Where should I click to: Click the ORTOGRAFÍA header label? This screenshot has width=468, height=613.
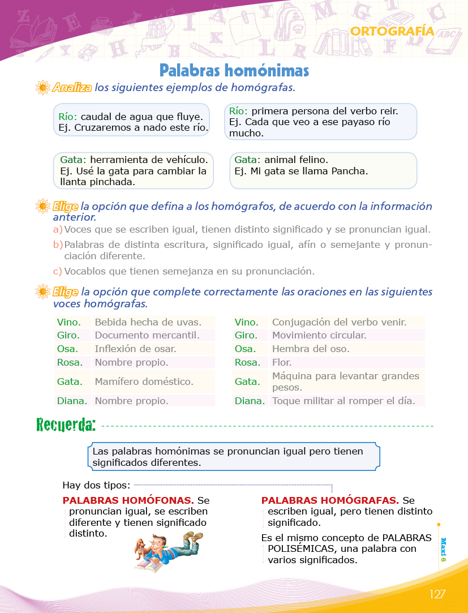(392, 31)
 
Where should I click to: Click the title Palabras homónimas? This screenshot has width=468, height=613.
(234, 70)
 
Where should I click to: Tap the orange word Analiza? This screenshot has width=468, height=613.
(72, 88)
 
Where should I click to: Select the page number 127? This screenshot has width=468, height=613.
(437, 594)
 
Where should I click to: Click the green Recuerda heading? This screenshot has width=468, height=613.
(66, 424)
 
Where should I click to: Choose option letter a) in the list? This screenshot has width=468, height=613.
(58, 229)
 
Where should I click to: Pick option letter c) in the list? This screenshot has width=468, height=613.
(58, 271)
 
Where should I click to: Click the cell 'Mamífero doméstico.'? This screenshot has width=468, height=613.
(144, 381)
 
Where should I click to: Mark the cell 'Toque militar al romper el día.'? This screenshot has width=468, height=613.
(340, 401)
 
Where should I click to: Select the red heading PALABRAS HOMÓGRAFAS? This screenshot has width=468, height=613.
(330, 500)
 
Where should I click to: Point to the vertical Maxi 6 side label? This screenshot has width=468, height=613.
(443, 549)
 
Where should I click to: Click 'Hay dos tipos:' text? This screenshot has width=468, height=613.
(96, 485)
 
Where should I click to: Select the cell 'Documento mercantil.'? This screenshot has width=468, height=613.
(147, 335)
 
